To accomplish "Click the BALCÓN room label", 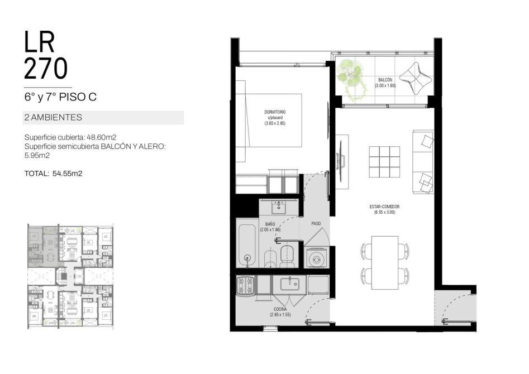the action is point(385,80).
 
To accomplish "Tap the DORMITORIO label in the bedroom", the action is point(275,112).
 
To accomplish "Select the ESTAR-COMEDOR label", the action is point(384,207).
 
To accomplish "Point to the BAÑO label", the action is point(270,224).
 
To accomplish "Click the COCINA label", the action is point(280,309).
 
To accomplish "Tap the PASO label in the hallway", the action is point(316,223).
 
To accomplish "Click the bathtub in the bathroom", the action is point(247,246).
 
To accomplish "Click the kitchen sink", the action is point(289,283).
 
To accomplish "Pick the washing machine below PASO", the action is point(317,258).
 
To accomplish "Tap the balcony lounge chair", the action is point(416,79).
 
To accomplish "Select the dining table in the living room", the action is point(385,262).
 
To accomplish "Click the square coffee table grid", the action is point(384,162).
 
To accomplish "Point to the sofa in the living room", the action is point(423,162).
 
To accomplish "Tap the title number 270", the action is point(46,69).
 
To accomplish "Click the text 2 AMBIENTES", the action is point(53,117).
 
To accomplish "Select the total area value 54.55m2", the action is point(68,174).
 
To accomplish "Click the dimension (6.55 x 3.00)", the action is point(384,212).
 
